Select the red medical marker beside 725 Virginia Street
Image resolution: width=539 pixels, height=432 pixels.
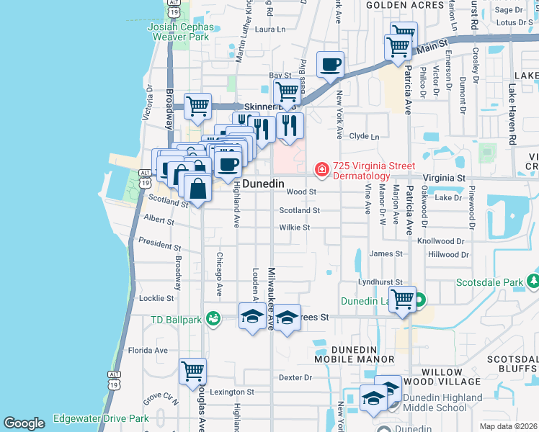[321, 170]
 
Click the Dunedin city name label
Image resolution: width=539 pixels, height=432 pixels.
[262, 184]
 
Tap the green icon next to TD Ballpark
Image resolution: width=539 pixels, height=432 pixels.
[213, 318]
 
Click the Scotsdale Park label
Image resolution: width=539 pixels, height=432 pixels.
[491, 282]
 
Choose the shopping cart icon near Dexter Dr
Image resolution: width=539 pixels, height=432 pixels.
[192, 372]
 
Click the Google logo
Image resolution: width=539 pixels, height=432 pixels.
[24, 423]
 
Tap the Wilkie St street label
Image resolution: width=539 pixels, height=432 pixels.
[295, 228]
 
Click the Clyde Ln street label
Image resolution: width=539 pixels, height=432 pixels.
[364, 136]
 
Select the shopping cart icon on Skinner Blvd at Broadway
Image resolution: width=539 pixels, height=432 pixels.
[197, 107]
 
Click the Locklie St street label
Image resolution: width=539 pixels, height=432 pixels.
[156, 298]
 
